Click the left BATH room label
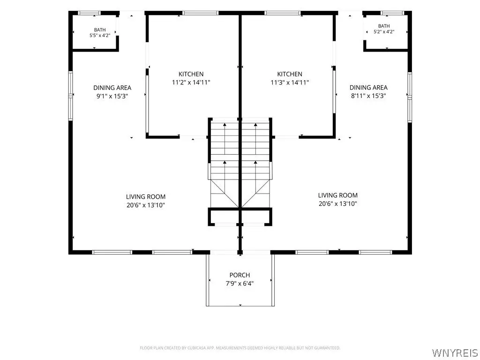pyautogui.click(x=100, y=30)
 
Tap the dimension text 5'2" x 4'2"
pyautogui.click(x=384, y=31)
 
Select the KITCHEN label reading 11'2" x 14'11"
pyautogui.click(x=191, y=74)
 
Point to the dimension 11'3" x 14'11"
pyautogui.click(x=290, y=82)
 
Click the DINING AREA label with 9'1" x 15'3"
pyautogui.click(x=112, y=88)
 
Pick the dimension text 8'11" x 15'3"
pyautogui.click(x=368, y=96)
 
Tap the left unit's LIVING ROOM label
pyautogui.click(x=146, y=197)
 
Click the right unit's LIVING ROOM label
pyautogui.click(x=337, y=195)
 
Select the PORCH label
pyautogui.click(x=240, y=275)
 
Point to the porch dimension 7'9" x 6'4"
pyautogui.click(x=240, y=284)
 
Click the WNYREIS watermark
pyautogui.click(x=454, y=352)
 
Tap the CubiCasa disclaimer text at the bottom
pyautogui.click(x=240, y=348)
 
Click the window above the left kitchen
pyautogui.click(x=200, y=13)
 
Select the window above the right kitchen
pyautogui.click(x=283, y=13)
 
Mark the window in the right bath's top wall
pyautogui.click(x=393, y=13)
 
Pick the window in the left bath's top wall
pyautogui.click(x=89, y=13)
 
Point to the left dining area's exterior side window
pyautogui.click(x=71, y=96)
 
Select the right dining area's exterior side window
pyautogui.click(x=410, y=97)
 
